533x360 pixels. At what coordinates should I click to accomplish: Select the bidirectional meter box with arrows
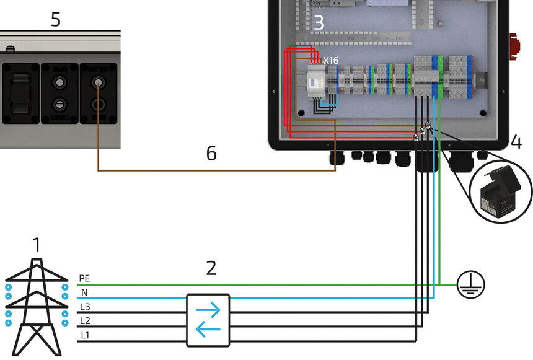[208, 320]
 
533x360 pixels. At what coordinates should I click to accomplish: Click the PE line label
[84, 279]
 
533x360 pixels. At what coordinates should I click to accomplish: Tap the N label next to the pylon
[84, 293]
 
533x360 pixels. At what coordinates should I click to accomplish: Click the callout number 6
[211, 153]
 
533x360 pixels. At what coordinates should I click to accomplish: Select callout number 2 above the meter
[211, 268]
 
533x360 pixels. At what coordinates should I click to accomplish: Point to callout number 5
[56, 20]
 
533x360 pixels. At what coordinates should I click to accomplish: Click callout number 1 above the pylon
[37, 245]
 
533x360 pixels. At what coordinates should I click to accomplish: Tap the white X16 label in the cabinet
[330, 61]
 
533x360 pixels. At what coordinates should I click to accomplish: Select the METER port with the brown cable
[98, 86]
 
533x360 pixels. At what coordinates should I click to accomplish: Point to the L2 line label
[84, 321]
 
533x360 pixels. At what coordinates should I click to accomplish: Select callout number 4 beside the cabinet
[516, 143]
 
